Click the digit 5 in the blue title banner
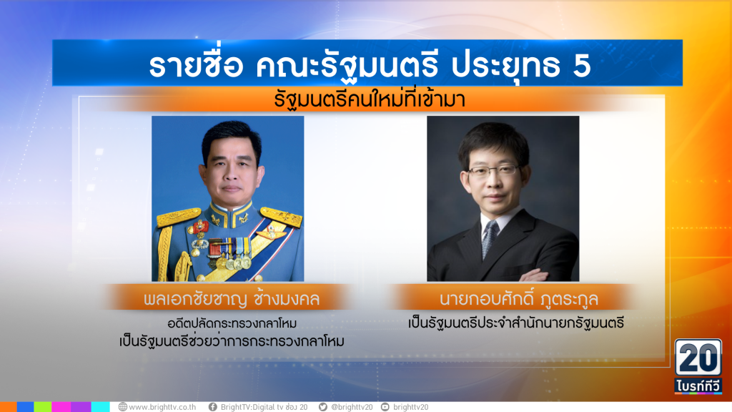pos(581,65)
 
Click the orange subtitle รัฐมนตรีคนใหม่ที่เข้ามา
pos(370,99)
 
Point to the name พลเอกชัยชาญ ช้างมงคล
pos(232,299)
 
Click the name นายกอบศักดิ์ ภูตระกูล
pos(518,298)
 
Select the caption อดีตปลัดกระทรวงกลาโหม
pos(232,323)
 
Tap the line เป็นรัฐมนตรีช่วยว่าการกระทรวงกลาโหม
pos(232,342)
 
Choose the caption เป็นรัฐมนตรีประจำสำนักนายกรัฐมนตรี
pos(516,323)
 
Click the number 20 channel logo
pos(698,358)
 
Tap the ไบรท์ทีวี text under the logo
pos(698,386)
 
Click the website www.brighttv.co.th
pos(162,407)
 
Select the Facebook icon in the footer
pos(213,407)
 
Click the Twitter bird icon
pos(322,407)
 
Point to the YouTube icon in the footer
pos(385,407)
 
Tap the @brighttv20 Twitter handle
pos(352,407)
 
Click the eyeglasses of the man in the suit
pos(493,170)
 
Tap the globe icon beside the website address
pos(123,407)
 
